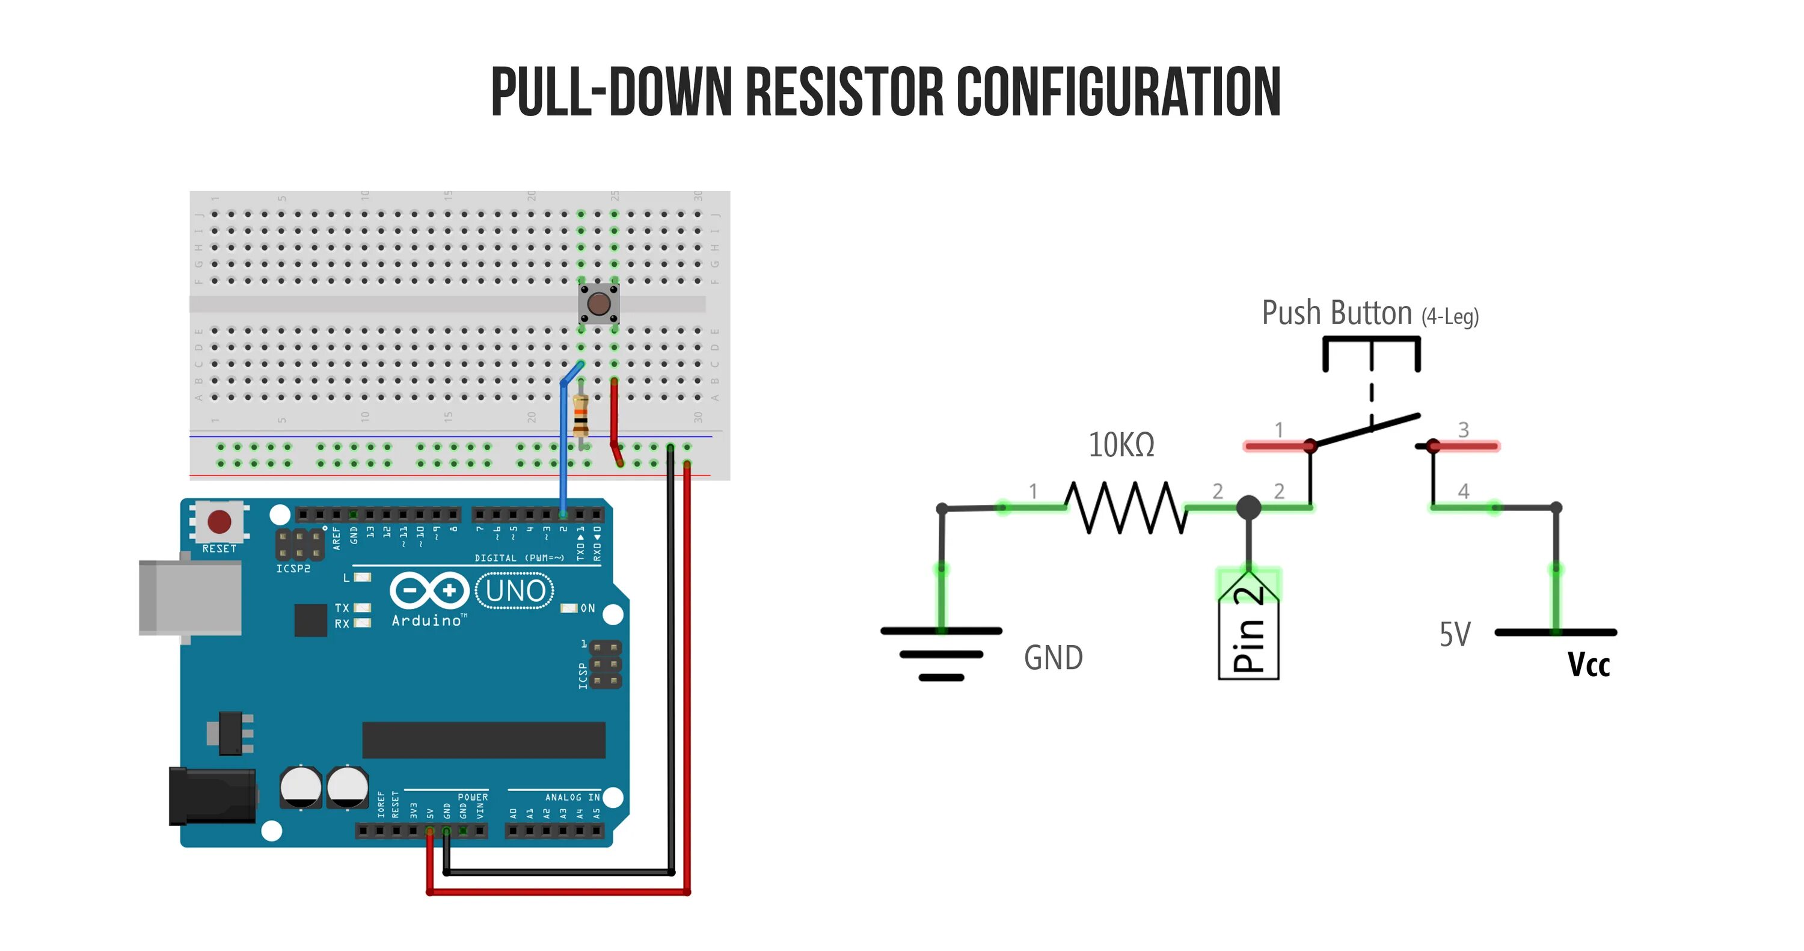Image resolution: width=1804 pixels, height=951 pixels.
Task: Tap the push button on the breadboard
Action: (599, 304)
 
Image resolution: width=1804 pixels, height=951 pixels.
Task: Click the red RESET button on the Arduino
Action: (219, 522)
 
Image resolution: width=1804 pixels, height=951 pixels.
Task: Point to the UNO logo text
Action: (515, 591)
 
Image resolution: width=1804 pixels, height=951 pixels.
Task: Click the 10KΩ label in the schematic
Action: (1121, 445)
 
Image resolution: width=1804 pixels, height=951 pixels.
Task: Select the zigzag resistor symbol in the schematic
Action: (1126, 507)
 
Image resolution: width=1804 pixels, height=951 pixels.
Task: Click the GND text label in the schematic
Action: (1054, 658)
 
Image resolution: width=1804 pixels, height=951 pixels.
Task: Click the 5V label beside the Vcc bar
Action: (1455, 634)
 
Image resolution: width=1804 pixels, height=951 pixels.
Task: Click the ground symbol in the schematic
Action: (941, 653)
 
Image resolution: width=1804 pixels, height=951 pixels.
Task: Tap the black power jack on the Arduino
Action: (212, 797)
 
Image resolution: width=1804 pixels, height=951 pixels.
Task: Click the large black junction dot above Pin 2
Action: (1248, 507)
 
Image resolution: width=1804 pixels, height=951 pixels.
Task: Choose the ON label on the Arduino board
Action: (588, 608)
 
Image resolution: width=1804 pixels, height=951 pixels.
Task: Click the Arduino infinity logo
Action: (429, 591)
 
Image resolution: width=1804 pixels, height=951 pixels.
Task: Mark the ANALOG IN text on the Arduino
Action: (572, 797)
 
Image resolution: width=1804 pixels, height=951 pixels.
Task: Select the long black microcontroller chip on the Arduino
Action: (483, 739)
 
